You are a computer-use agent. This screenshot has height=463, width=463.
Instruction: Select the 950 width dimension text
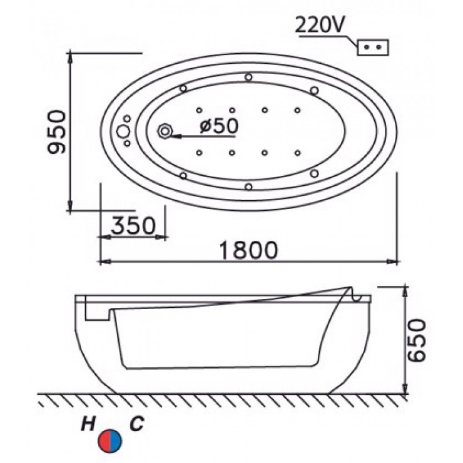tap(58, 131)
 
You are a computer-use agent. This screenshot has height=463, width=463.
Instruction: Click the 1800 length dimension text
tap(248, 249)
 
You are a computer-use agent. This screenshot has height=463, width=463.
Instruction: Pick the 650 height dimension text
tap(417, 340)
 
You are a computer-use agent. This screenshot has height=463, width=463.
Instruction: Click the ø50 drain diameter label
tap(218, 126)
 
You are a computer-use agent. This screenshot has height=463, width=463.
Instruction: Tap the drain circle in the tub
tap(166, 131)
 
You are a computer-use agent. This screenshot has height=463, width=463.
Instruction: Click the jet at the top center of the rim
tap(249, 78)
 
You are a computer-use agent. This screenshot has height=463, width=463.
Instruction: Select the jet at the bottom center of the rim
tap(249, 185)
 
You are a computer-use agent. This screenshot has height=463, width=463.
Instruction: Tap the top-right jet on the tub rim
tap(313, 89)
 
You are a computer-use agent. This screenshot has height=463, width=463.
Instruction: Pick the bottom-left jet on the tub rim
tap(183, 175)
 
